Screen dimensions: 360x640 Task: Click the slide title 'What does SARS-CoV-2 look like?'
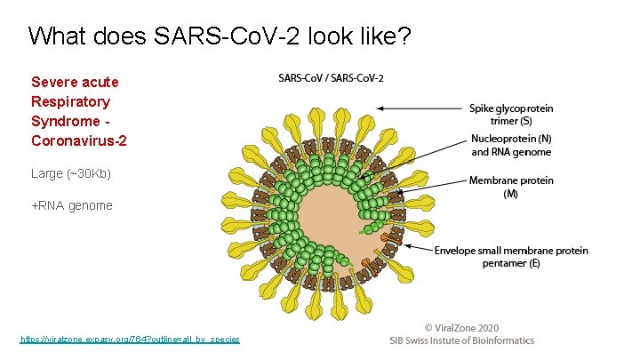point(220,36)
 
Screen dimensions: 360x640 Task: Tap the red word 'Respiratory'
point(70,101)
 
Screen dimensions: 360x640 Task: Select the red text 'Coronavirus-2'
point(79,140)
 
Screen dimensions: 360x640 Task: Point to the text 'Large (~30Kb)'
point(71,172)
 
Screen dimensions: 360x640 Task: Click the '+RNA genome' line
point(72,205)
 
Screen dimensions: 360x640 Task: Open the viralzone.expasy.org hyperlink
point(130,340)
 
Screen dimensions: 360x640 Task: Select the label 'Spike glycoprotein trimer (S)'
point(511,115)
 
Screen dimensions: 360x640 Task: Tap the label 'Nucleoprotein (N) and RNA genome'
point(511,145)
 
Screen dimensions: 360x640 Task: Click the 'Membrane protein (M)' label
point(511,187)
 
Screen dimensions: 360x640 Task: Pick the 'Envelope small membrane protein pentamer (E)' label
point(511,257)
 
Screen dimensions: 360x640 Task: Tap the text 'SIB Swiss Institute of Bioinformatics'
point(463,340)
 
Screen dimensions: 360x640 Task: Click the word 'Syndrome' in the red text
point(65,121)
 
